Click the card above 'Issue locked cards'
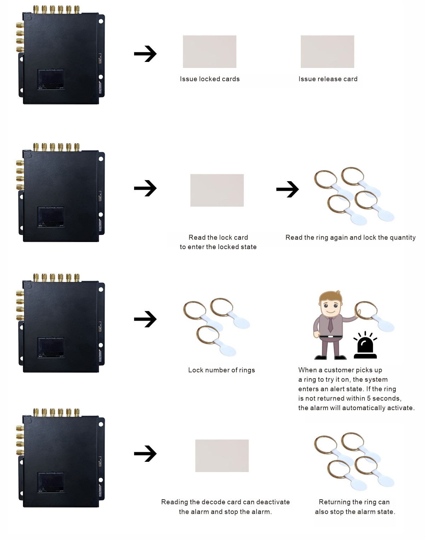[x=209, y=52]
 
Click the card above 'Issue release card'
[x=327, y=52]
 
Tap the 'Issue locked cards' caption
[x=210, y=79]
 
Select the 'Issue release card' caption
[x=328, y=79]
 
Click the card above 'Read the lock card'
[x=217, y=190]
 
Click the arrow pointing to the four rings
[x=287, y=189]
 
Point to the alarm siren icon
[x=365, y=346]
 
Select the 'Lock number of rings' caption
[x=222, y=370]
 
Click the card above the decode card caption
[x=222, y=456]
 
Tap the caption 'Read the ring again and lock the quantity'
[x=350, y=237]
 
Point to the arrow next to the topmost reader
[x=145, y=54]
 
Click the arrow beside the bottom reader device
[x=145, y=454]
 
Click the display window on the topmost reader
[x=51, y=79]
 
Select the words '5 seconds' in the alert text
[x=384, y=398]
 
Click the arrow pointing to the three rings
[x=145, y=319]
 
